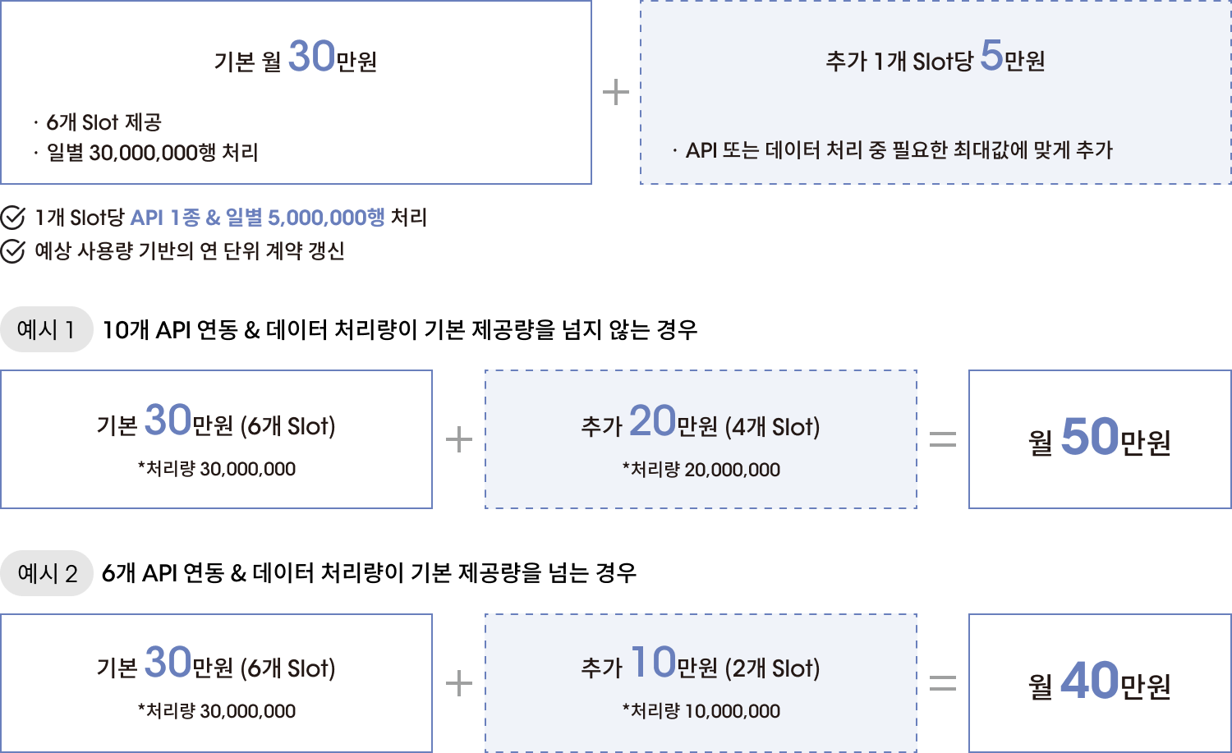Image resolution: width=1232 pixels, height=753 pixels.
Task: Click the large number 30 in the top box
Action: (311, 57)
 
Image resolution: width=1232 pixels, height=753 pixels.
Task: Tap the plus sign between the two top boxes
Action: (616, 92)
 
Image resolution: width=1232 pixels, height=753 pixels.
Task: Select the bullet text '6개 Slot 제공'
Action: (103, 122)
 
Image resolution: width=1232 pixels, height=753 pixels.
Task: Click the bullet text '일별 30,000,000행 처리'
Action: (152, 153)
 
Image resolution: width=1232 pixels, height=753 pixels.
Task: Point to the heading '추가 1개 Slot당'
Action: (899, 61)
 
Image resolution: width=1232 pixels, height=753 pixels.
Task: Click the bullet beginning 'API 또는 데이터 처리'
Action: (899, 150)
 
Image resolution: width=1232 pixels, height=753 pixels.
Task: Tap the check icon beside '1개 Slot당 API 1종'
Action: (12, 218)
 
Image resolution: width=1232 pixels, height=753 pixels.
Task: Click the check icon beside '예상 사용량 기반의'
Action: (12, 251)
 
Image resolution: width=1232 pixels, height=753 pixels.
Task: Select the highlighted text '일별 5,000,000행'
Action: (305, 218)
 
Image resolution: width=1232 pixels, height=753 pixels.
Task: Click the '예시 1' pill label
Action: (47, 329)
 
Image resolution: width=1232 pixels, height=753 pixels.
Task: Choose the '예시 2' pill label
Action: (47, 573)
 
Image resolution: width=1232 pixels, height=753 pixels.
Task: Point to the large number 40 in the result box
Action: (1090, 680)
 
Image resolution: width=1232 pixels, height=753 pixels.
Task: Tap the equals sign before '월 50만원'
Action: (943, 440)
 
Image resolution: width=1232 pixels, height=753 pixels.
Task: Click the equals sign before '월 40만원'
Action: (943, 683)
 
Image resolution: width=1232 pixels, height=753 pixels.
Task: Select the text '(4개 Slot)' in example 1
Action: (772, 427)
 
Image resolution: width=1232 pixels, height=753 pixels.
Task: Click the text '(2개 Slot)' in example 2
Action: (772, 668)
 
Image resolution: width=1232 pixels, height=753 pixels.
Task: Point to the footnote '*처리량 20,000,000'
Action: (701, 470)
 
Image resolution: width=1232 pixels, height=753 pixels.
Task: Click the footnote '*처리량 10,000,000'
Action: (701, 711)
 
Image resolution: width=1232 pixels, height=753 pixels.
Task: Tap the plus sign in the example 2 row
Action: (459, 683)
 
